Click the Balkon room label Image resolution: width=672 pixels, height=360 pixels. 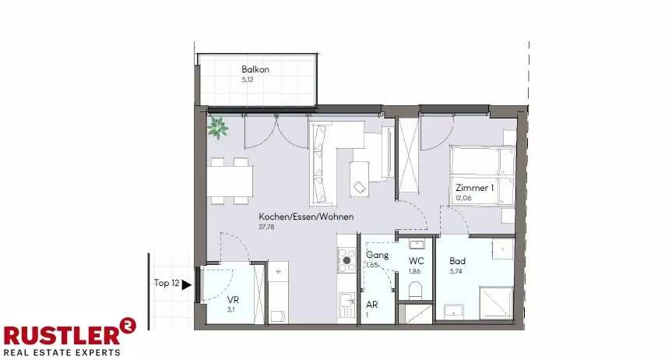coord(255,69)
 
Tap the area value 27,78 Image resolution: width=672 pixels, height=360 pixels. coord(266,227)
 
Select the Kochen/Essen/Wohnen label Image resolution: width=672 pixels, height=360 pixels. coord(306,217)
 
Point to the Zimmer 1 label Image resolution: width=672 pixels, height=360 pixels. coord(474,188)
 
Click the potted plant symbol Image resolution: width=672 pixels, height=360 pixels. coord(218,128)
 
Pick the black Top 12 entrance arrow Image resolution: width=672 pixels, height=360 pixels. coord(186,284)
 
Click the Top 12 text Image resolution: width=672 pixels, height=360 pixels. coord(167,283)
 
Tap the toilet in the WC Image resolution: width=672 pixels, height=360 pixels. coord(416,290)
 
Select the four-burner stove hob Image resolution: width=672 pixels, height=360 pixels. coord(347,260)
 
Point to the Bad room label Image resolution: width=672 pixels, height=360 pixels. coord(457,261)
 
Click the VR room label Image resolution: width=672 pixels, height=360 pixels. coord(233,300)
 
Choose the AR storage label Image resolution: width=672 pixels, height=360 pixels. coord(372,305)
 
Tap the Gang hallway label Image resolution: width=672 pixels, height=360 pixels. coord(377,255)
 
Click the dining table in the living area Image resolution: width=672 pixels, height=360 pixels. coord(230,181)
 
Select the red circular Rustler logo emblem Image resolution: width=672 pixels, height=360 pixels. coord(127,326)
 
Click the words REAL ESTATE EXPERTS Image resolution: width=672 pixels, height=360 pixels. coord(62,353)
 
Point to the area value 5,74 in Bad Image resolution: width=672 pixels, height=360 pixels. coord(456,271)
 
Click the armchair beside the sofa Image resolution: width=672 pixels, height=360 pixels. coord(360,179)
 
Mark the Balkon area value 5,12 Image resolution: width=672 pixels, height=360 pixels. coord(248,79)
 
